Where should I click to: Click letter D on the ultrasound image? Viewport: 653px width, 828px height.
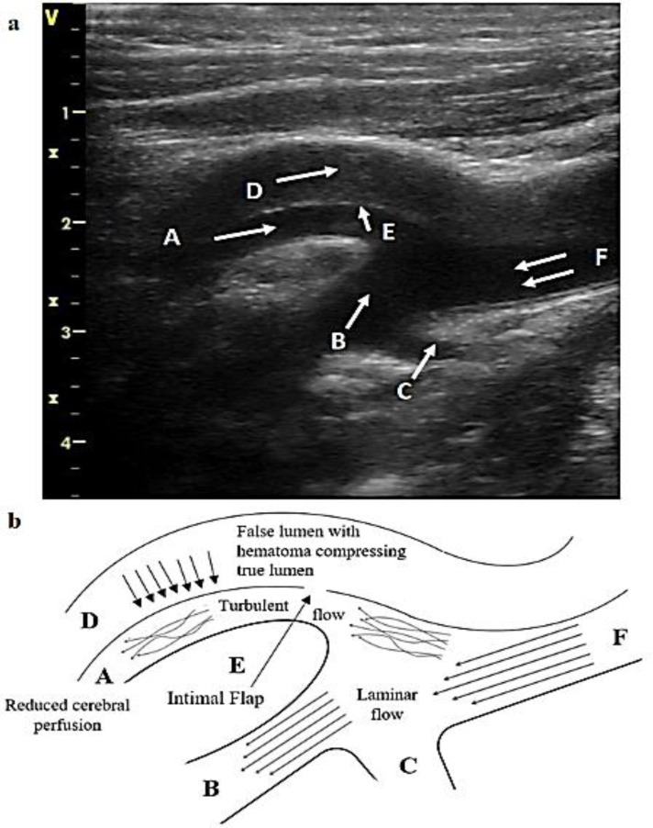254,191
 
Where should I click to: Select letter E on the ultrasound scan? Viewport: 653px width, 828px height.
388,233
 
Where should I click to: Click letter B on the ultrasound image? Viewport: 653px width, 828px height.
338,341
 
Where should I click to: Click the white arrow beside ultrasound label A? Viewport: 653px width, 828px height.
246,232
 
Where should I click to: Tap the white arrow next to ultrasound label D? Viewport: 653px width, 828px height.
307,174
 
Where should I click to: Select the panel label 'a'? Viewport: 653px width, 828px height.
13,24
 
